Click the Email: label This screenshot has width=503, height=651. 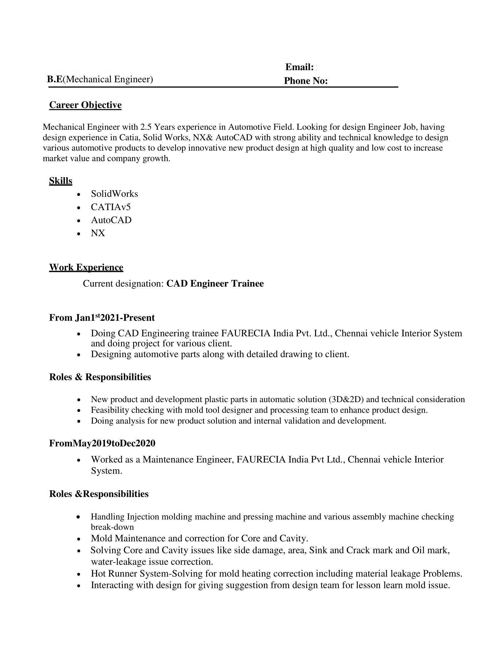pyautogui.click(x=299, y=67)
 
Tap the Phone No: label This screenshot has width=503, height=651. pyautogui.click(x=305, y=81)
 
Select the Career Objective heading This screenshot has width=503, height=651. pyautogui.click(x=85, y=105)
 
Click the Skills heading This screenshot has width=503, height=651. pyautogui.click(x=60, y=181)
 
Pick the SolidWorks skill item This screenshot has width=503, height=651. pyautogui.click(x=115, y=194)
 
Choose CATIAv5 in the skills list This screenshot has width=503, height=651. pyautogui.click(x=111, y=207)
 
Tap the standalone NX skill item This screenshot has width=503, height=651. pyautogui.click(x=98, y=233)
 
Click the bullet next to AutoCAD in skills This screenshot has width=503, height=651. pyautogui.click(x=79, y=221)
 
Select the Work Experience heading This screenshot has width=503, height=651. pyautogui.click(x=86, y=268)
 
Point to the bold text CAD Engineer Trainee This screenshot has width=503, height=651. pyautogui.click(x=215, y=283)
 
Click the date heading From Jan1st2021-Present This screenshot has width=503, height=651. pyautogui.click(x=102, y=318)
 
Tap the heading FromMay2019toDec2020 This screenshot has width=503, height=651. pyautogui.click(x=102, y=444)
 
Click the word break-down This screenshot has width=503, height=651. pyautogui.click(x=112, y=527)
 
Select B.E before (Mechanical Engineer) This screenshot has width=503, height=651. pyautogui.click(x=55, y=79)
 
